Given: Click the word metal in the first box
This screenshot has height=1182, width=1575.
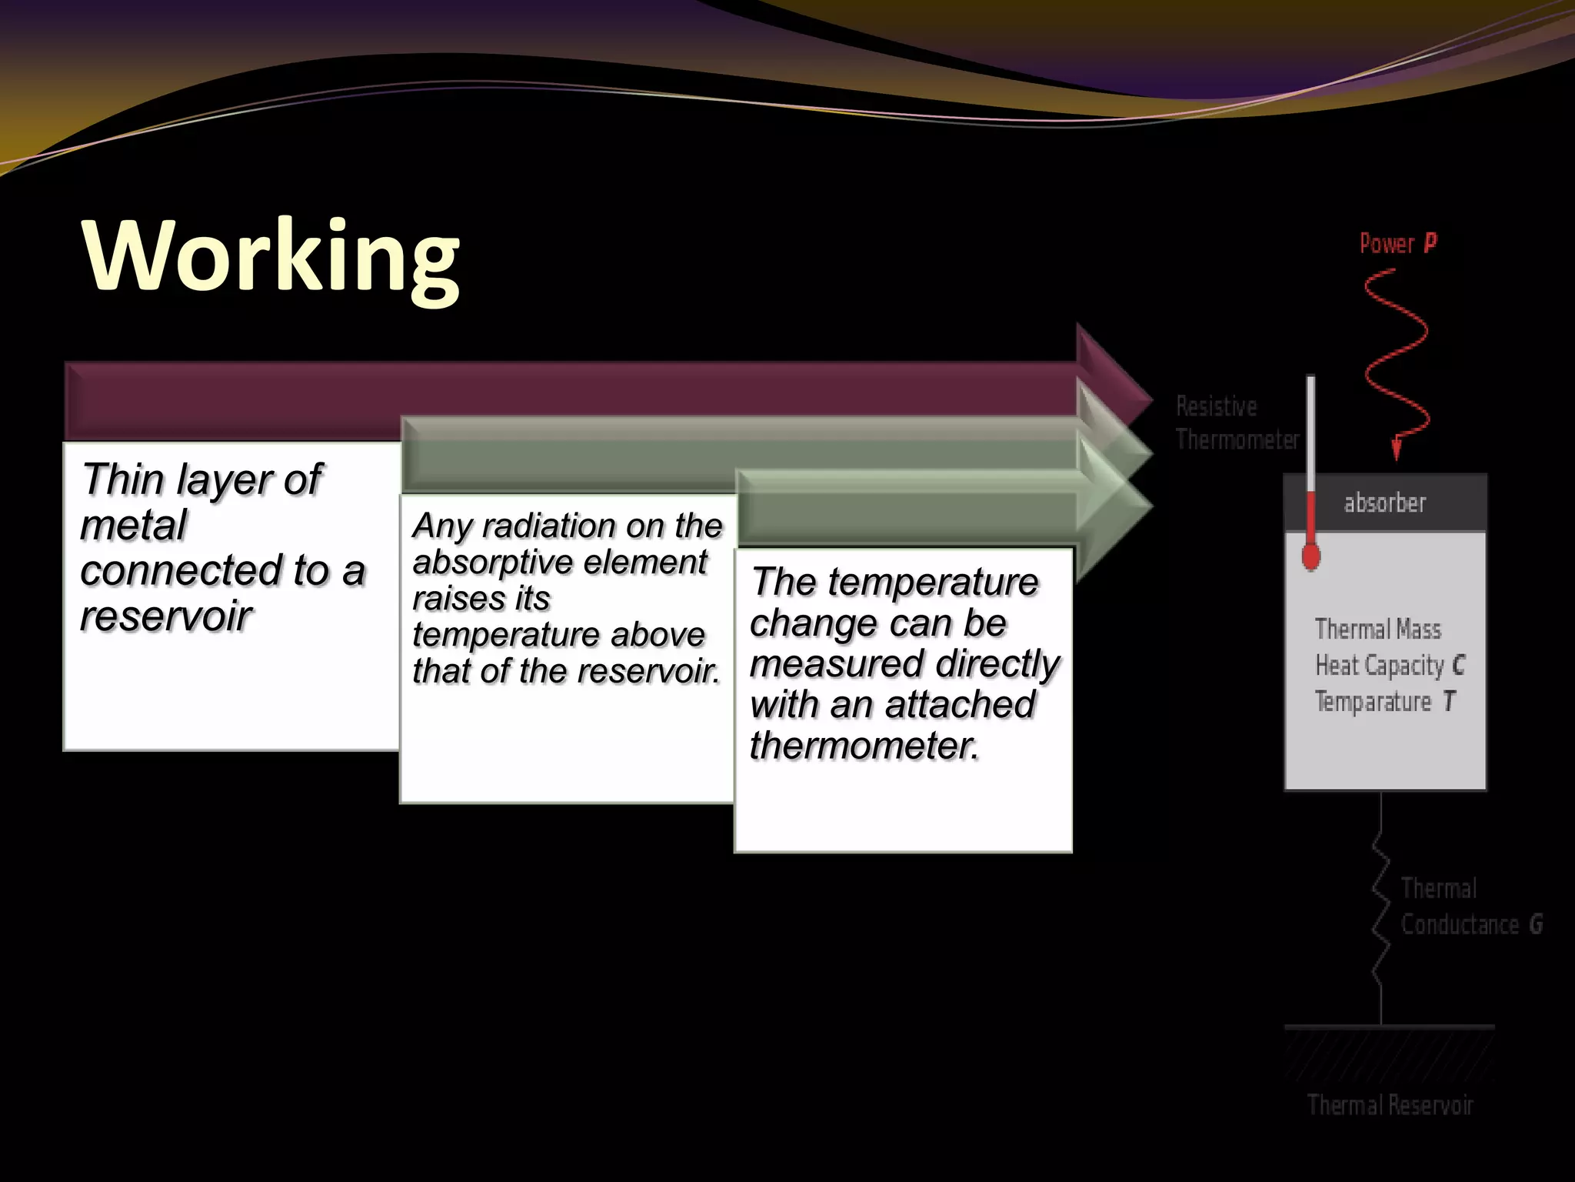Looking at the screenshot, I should (133, 526).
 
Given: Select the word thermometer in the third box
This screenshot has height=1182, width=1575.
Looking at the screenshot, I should (864, 745).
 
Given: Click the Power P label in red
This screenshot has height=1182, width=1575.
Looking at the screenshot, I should (1397, 244).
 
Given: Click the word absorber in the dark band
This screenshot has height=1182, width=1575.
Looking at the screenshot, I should (1384, 503).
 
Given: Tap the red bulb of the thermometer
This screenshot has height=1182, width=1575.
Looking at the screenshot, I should (1311, 556).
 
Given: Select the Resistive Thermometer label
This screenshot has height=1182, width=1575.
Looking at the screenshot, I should (1236, 423).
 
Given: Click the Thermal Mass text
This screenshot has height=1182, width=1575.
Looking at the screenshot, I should (1377, 629).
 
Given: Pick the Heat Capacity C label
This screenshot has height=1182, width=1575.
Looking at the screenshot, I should (1390, 666).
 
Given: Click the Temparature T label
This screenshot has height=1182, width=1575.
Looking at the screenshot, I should (1384, 702).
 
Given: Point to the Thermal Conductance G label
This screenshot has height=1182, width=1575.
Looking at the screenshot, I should (1470, 907).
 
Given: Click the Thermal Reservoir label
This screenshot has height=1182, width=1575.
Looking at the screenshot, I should (1390, 1106).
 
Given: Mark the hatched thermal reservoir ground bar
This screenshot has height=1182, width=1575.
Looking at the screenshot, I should (1389, 1054).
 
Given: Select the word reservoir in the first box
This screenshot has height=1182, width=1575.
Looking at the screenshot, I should (166, 616).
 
